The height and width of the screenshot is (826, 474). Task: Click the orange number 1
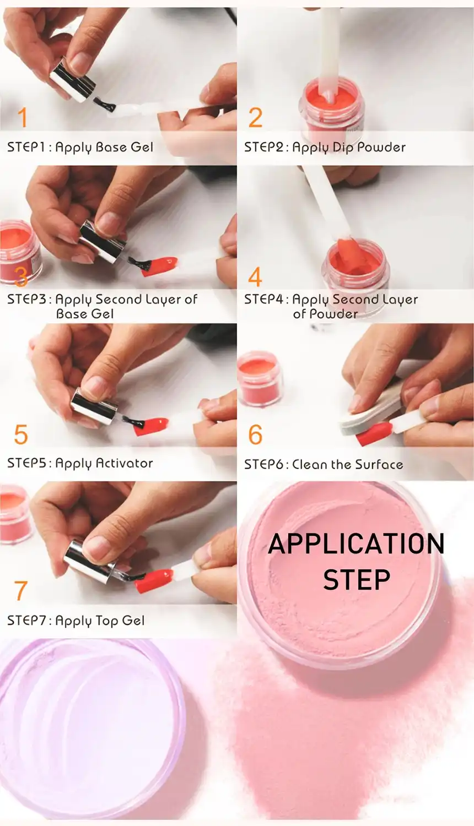coord(22,118)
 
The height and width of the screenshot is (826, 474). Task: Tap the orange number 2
coord(255,118)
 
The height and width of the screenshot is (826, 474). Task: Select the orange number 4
coord(255,276)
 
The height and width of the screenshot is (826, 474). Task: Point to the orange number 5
coord(21,434)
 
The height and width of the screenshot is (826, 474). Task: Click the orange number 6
coord(255,434)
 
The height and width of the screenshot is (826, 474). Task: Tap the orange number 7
coord(21,591)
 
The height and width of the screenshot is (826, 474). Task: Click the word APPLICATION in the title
coord(356,544)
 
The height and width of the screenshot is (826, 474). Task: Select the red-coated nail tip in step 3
coord(160,266)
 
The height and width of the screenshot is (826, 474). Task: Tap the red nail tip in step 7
coord(154,581)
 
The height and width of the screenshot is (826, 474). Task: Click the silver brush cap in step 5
coord(94,406)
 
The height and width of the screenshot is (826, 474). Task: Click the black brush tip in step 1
coord(105,104)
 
